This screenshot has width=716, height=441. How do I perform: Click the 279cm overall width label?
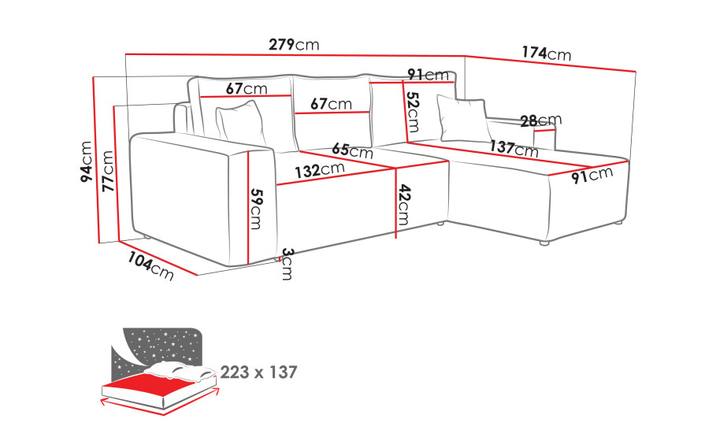294,44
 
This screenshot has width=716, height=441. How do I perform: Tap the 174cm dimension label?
546,54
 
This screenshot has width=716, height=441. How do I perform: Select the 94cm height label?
86,162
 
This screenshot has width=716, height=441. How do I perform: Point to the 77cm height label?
108,171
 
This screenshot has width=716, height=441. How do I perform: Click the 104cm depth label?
150,266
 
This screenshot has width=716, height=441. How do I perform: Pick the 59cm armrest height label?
257,209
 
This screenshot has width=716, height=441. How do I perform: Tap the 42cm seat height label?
403,205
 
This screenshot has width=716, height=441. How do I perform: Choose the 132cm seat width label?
319,170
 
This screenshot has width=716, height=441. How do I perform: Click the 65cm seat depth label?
352,150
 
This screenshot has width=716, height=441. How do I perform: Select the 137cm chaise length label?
514,148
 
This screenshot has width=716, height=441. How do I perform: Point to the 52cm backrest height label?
414,112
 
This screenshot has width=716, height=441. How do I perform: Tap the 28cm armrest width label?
541,120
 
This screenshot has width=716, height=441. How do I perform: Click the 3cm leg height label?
288,264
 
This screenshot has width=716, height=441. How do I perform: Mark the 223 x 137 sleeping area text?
258,372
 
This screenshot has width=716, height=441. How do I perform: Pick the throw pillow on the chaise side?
463,119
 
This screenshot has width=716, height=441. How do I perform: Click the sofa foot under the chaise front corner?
543,243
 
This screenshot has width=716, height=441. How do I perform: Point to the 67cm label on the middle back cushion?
331,104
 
